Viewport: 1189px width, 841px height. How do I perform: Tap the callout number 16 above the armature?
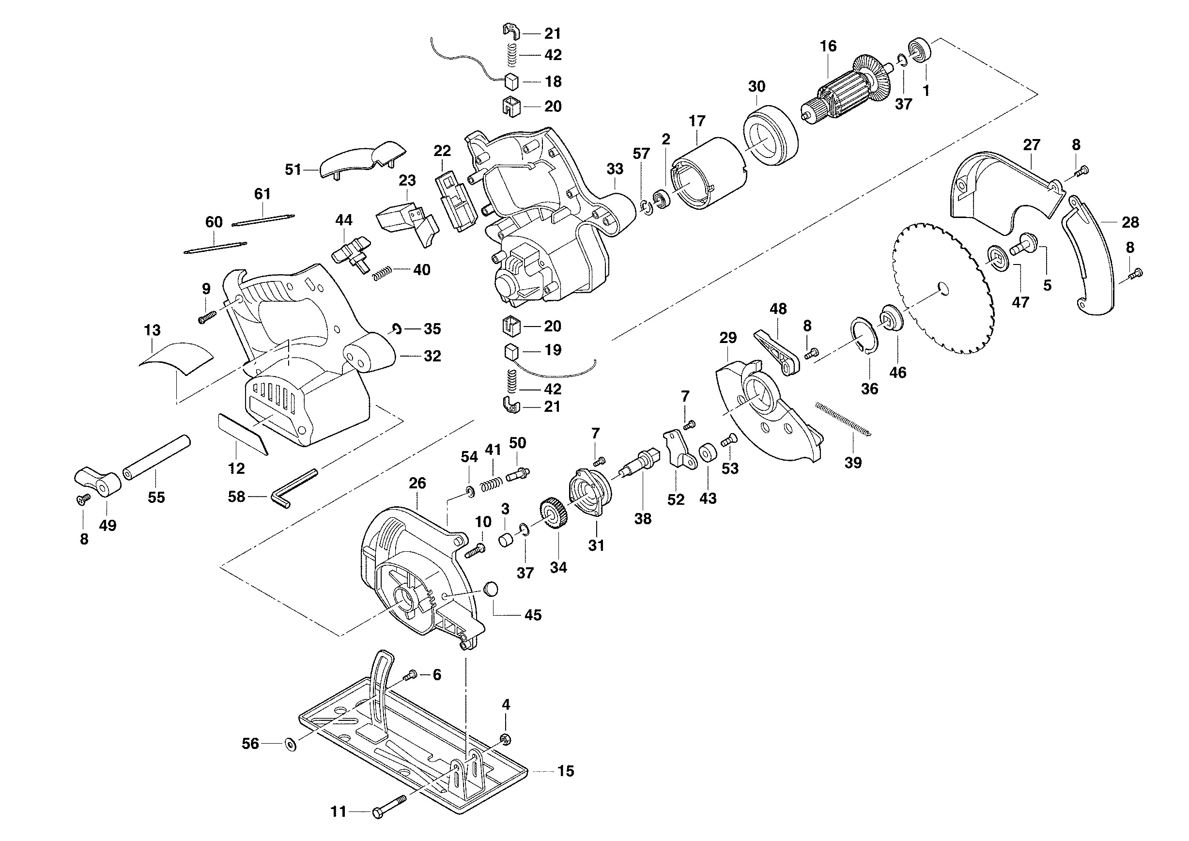[x=828, y=46]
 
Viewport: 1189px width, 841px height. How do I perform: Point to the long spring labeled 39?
[x=843, y=419]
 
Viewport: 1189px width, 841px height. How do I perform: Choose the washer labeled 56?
[x=291, y=745]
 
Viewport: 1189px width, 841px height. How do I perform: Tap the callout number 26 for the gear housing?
[x=417, y=483]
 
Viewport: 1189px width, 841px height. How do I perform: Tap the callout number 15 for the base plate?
[x=566, y=771]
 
